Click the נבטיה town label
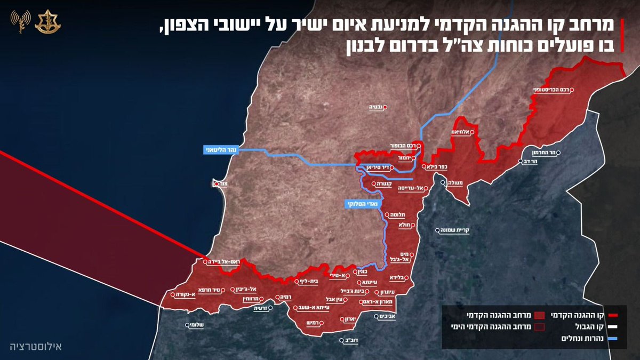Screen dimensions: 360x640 [x=377, y=107]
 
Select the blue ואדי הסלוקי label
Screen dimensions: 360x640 [x=360, y=203]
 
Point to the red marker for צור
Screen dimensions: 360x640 [x=217, y=184]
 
